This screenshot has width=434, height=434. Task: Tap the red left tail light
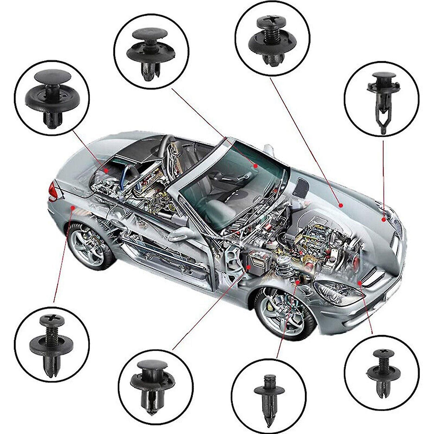tap(53, 192)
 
